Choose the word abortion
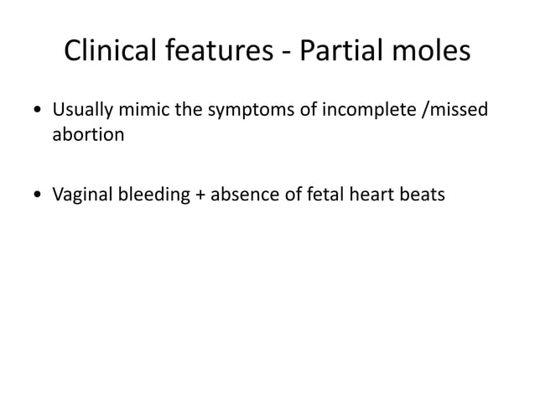[x=88, y=135]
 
